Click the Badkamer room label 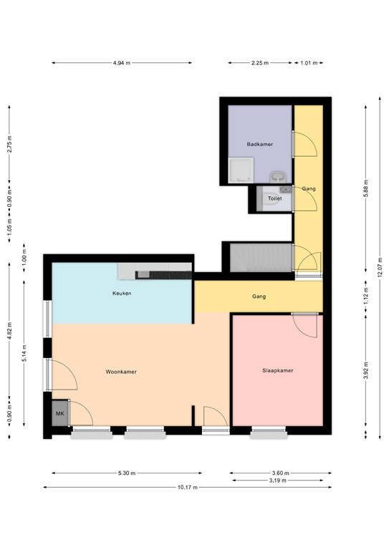pos(259,144)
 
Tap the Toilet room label pos(274,198)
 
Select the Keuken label pos(122,293)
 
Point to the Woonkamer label pos(121,372)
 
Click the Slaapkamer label pos(277,370)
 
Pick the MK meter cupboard pos(60,413)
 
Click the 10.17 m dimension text pos(187,487)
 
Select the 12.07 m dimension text pos(380,267)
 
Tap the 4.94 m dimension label pos(122,63)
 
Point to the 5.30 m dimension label pos(127,473)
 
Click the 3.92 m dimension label pos(366,370)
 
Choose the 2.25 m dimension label pos(260,63)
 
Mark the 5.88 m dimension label pos(366,188)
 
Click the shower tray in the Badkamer pos(241,170)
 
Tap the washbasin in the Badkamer pos(278,177)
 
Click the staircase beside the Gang pos(261,258)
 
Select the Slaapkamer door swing pos(304,326)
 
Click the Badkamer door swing pos(304,144)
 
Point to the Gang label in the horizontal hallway pos(259,296)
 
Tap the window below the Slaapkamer pos(269,433)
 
